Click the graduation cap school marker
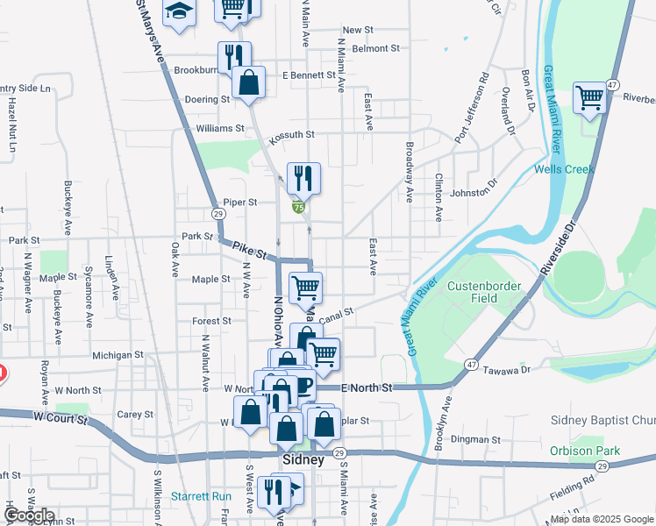(x=180, y=12)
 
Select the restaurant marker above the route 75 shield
(x=303, y=178)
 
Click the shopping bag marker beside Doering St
(x=249, y=82)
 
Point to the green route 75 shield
(x=299, y=207)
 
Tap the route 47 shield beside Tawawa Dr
(x=471, y=364)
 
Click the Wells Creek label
(x=564, y=169)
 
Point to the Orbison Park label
(x=585, y=451)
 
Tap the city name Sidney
(x=304, y=460)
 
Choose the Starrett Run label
(x=201, y=496)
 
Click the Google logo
(x=29, y=515)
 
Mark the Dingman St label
(x=475, y=439)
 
